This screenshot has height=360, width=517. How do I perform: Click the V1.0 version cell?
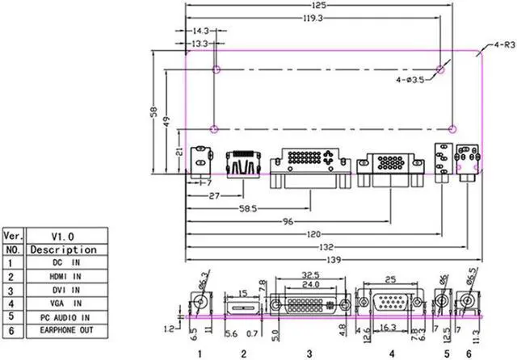(x=63, y=237)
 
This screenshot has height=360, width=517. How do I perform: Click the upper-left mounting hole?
(x=216, y=70)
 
